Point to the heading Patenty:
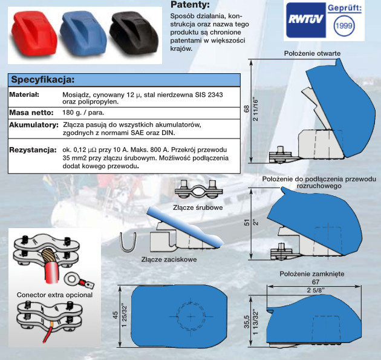(191, 5)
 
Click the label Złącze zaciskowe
(169, 260)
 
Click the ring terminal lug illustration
(76, 278)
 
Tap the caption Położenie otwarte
(312, 54)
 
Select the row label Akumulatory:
(32, 125)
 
